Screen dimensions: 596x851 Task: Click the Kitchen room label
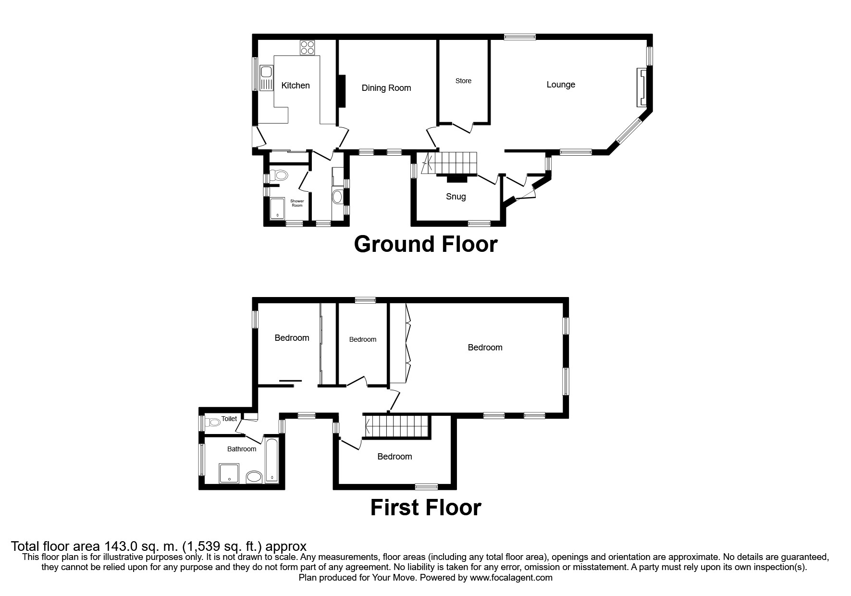[295, 86]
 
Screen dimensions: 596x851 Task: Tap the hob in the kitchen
[308, 48]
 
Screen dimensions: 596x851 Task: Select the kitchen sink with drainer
[265, 79]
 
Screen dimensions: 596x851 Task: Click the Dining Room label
[386, 88]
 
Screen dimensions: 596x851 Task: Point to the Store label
[463, 81]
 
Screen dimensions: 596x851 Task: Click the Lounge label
[560, 85]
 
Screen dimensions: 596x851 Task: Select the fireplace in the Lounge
[641, 87]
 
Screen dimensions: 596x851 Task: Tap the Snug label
[456, 197]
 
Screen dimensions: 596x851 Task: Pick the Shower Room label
[297, 203]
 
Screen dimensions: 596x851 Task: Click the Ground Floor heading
[425, 244]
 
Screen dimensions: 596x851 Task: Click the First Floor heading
[425, 508]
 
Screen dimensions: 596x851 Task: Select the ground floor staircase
[450, 163]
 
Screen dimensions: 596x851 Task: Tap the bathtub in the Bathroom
[272, 460]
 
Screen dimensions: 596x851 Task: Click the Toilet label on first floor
[229, 419]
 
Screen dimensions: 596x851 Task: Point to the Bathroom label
[241, 449]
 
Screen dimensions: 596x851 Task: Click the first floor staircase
[396, 426]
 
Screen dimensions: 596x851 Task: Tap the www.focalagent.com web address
[511, 578]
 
